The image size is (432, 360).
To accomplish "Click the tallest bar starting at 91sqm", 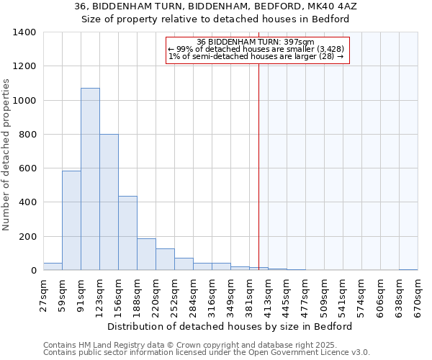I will [90, 179].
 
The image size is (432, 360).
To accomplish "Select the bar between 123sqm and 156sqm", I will [109, 202].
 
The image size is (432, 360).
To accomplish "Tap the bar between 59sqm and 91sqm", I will [71, 220].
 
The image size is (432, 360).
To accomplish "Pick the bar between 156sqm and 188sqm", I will [127, 233].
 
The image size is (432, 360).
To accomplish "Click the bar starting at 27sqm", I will [53, 266].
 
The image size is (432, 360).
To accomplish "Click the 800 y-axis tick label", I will [27, 135].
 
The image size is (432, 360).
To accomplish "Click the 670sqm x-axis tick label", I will [418, 295].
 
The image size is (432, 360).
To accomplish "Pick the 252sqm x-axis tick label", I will [175, 295].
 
